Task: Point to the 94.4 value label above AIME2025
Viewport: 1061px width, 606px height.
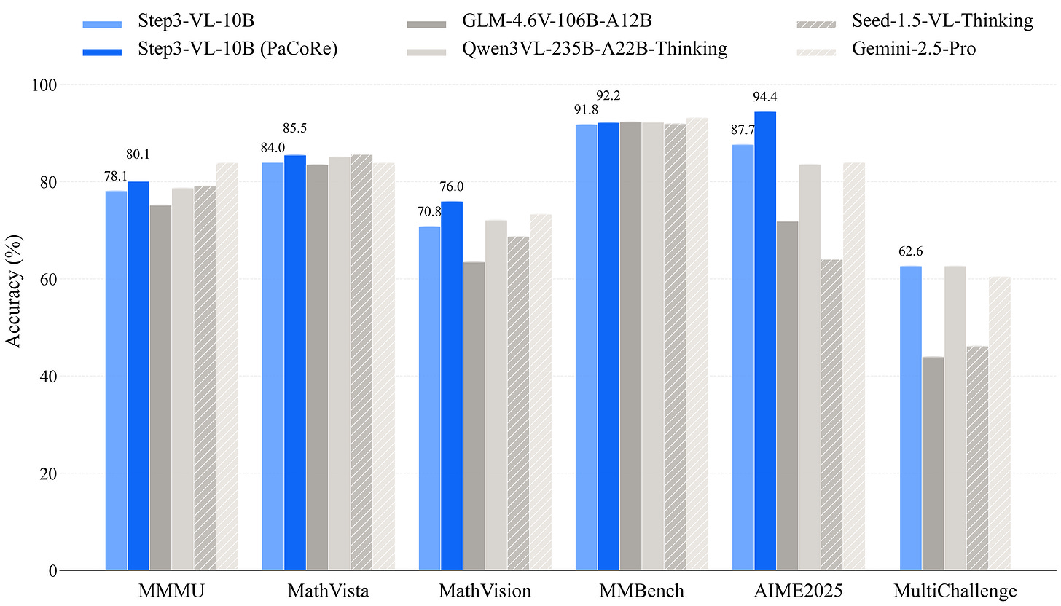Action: [765, 96]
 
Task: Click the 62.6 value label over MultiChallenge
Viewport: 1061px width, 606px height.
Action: [911, 251]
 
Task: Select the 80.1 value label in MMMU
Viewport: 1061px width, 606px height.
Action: [138, 154]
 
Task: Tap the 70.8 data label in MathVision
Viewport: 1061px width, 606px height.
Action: [430, 212]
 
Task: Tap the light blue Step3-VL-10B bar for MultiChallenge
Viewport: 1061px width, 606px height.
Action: [911, 418]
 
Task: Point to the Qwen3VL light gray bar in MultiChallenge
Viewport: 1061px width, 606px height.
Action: [955, 418]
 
